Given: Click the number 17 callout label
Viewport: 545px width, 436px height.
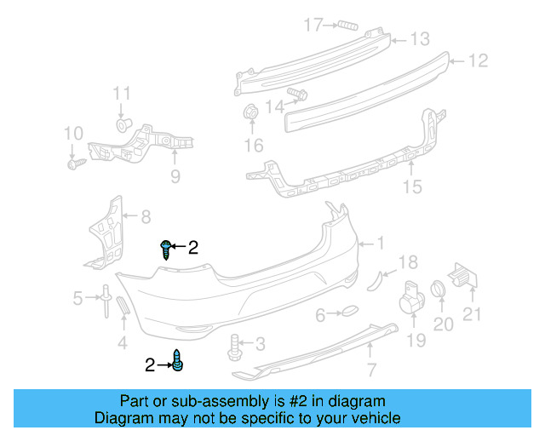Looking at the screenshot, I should [315, 25].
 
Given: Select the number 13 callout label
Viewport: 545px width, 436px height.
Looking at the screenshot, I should [421, 39].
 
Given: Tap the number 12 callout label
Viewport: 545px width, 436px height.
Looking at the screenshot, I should [478, 60].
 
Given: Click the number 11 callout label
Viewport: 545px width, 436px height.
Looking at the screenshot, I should [123, 93].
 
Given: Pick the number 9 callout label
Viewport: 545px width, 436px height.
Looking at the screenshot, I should [175, 176].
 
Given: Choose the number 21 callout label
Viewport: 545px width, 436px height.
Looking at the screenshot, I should [472, 314].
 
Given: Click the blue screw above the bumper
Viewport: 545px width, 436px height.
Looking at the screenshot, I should [164, 249].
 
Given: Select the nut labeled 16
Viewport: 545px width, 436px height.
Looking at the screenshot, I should [252, 112].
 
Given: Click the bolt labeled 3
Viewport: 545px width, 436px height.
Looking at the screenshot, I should [234, 346].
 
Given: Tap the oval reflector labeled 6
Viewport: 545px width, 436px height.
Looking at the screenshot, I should [349, 314].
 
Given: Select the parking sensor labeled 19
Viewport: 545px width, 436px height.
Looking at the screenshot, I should [412, 298].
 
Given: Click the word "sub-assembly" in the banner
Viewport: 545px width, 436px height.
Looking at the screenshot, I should [184, 401].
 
